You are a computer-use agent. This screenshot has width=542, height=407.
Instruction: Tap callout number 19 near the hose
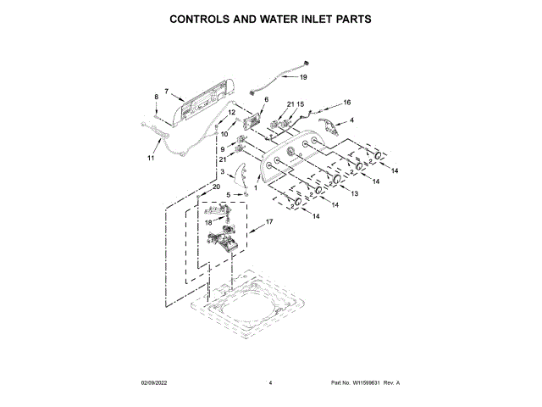[x=302, y=77]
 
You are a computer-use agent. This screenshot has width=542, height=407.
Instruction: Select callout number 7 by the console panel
[x=167, y=91]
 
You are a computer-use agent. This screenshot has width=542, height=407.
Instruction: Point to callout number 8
[x=156, y=98]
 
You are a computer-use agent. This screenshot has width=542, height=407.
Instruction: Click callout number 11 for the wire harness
[x=152, y=158]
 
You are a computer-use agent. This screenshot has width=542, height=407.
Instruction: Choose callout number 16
[x=346, y=103]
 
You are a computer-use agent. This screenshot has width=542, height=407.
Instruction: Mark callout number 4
[x=351, y=120]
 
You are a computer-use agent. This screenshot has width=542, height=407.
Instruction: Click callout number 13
[x=354, y=194]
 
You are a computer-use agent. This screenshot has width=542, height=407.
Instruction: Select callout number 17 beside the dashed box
[x=270, y=222]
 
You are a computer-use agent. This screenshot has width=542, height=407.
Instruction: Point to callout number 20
[x=216, y=187]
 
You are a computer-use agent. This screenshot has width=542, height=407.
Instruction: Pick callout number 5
[x=226, y=194]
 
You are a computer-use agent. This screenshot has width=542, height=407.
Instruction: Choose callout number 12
[x=231, y=112]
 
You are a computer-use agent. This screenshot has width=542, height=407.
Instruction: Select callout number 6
[x=265, y=100]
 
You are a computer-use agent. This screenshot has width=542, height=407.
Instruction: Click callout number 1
[x=255, y=187]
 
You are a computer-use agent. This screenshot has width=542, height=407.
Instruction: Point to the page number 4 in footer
[x=270, y=383]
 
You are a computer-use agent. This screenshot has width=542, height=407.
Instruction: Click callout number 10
[x=224, y=133]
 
